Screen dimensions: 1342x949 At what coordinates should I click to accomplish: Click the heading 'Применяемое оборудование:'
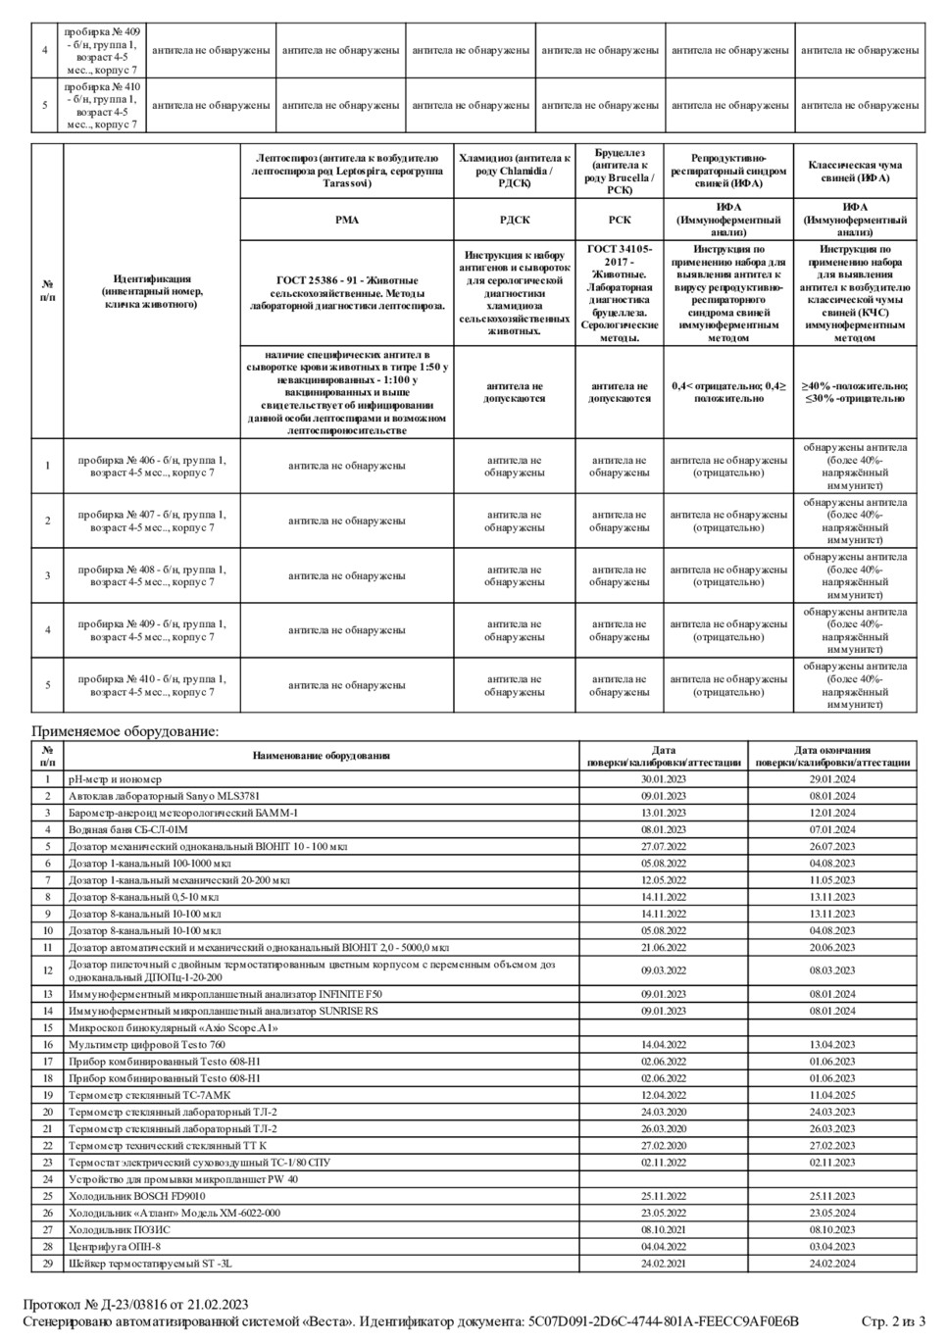(x=125, y=730)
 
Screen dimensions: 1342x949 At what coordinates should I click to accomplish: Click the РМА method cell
(x=347, y=221)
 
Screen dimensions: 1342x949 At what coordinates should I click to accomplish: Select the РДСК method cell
(x=515, y=221)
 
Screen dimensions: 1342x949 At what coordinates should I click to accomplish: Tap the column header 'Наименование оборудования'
(x=321, y=756)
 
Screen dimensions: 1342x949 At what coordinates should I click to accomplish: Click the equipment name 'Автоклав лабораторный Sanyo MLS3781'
(x=164, y=796)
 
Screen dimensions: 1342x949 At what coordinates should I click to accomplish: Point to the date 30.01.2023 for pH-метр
(x=664, y=779)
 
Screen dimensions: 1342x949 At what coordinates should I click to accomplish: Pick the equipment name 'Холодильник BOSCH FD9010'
(x=136, y=1196)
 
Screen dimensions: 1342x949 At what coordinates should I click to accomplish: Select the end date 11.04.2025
(x=832, y=1095)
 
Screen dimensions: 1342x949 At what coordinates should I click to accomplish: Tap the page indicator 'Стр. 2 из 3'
(x=893, y=1321)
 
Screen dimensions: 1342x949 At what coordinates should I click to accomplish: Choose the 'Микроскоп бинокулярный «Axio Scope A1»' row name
(x=173, y=1028)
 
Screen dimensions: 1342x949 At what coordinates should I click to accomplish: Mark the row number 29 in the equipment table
(x=47, y=1264)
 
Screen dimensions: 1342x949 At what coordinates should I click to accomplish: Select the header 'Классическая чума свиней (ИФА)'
(x=855, y=172)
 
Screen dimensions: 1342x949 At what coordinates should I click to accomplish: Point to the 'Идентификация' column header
(x=152, y=291)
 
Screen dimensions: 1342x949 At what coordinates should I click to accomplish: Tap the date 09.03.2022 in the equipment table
(x=664, y=970)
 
